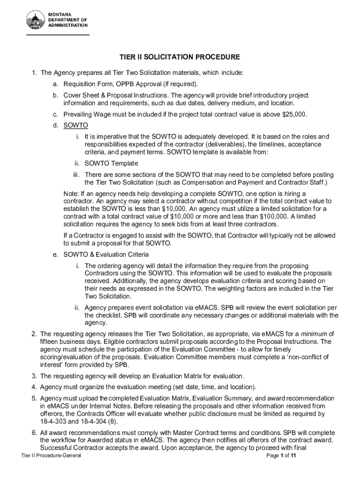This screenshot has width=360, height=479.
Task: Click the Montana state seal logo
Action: tap(36, 21)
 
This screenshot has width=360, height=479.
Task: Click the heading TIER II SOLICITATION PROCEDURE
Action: tap(180, 58)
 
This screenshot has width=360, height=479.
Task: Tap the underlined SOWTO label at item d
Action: tap(75, 125)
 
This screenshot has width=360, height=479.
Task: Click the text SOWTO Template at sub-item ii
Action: tap(111, 163)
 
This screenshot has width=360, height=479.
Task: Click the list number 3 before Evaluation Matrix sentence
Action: tap(34, 376)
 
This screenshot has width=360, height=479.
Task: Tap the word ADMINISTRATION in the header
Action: tap(69, 25)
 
